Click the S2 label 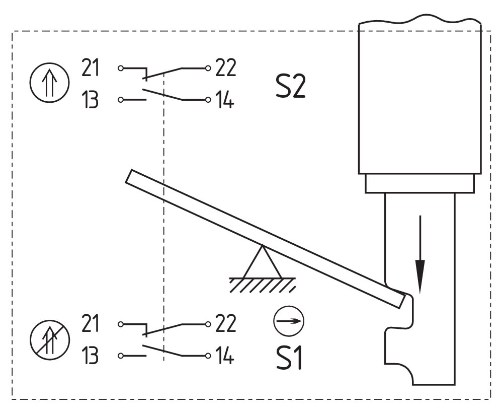click(x=291, y=86)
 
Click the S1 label click(x=289, y=358)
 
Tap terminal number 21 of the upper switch click(x=90, y=67)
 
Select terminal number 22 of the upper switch click(x=225, y=67)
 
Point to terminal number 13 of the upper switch click(x=90, y=99)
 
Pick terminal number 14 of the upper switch click(x=224, y=99)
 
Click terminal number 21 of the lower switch click(x=90, y=323)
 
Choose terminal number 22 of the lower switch click(x=225, y=323)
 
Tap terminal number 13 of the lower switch click(x=90, y=355)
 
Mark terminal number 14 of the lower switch click(x=224, y=355)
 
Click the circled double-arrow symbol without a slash click(x=50, y=83)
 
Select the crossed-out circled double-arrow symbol click(x=50, y=339)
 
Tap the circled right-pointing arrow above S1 click(x=289, y=321)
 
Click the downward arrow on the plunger click(x=420, y=255)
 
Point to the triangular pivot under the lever click(x=263, y=262)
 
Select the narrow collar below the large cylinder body click(x=420, y=183)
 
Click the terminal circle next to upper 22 click(x=208, y=68)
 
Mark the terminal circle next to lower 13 click(x=121, y=356)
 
